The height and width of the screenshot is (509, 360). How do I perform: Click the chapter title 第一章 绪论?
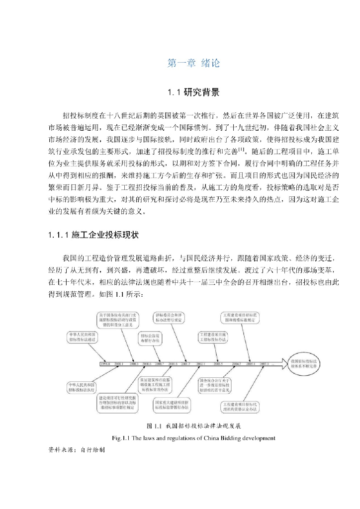coord(193,63)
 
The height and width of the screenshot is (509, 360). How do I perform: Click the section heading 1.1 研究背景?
coord(193,92)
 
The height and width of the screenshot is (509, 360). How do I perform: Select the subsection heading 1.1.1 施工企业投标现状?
coord(95,234)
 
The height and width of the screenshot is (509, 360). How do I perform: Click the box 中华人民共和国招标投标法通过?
coord(82,338)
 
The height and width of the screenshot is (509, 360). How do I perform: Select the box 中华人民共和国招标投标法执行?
coord(82,386)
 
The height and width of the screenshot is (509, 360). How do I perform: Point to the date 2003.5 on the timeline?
coord(217,364)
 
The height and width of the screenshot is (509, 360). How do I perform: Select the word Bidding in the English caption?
coord(229,438)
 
